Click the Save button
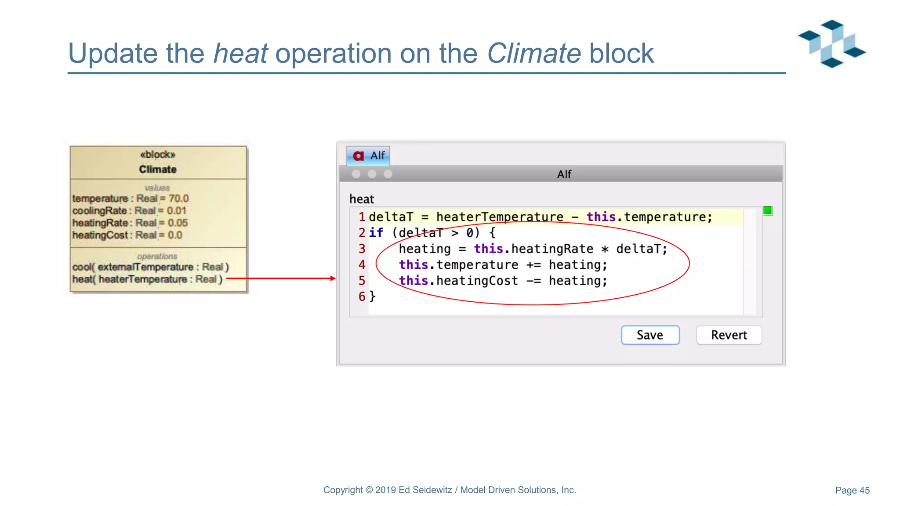(x=650, y=335)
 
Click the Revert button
(x=729, y=335)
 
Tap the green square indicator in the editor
(x=767, y=211)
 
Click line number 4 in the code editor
(x=362, y=265)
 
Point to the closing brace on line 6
(x=372, y=296)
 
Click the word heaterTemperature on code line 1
(x=500, y=217)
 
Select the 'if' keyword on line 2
(x=376, y=233)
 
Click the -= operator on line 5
(x=533, y=281)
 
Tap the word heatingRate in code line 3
(x=552, y=249)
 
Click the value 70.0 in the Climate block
(x=178, y=199)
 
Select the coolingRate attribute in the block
(x=100, y=211)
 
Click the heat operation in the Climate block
(x=147, y=279)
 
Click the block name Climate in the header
(x=158, y=170)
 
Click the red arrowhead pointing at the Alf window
(x=333, y=278)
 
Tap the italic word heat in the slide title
(x=240, y=54)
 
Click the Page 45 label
(x=852, y=490)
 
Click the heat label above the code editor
(x=361, y=199)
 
